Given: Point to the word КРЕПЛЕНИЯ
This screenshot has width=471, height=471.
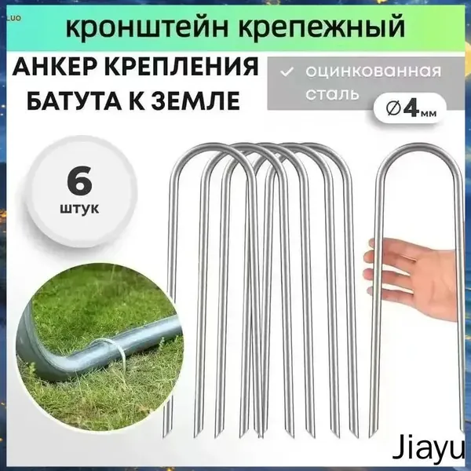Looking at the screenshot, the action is [182, 66].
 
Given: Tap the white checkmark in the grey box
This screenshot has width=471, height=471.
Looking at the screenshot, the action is [286, 72].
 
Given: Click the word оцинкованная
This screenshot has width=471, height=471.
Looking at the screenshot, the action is [374, 71].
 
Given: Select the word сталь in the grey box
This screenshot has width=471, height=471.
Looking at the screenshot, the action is [332, 94].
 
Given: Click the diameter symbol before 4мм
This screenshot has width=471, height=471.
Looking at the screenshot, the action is [393, 110].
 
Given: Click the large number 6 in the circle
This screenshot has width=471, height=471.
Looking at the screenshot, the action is [79, 182].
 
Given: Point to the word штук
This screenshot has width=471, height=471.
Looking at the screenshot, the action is [79, 207].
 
